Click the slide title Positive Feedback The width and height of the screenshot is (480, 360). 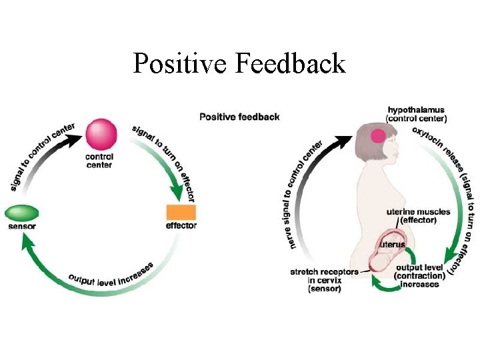pos(239,64)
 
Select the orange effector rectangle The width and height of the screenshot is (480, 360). pos(181,213)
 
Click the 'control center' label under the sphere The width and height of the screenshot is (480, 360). pos(99,161)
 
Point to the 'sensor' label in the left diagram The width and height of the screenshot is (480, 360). pos(23,227)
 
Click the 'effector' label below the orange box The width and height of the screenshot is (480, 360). pos(181,226)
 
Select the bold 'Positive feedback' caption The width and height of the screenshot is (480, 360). pos(239,117)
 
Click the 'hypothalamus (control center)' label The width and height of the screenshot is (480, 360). pos(416,114)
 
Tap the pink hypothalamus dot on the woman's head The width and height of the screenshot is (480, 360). pos(379,137)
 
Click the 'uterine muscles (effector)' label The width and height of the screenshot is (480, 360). pos(418,216)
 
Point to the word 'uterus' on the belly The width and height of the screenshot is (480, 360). pos(392,245)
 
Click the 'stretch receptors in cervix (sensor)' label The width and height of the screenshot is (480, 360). pos(324,280)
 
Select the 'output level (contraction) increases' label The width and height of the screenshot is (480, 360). pos(419,276)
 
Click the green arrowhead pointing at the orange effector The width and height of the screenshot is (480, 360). pos(176,194)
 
